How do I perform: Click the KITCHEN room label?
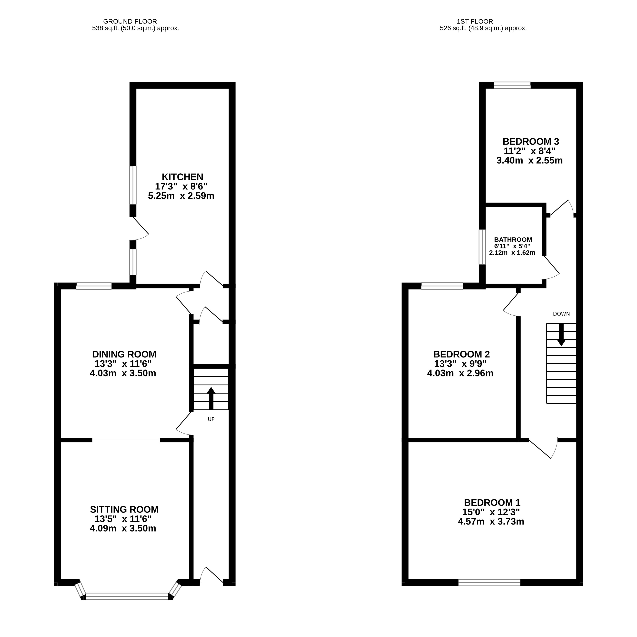(182, 177)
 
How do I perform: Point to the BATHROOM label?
(513, 240)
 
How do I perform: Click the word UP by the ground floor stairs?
(211, 419)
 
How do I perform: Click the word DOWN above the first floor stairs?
(561, 314)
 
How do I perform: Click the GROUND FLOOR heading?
(130, 21)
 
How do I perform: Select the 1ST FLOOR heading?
(475, 21)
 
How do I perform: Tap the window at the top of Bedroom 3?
(512, 85)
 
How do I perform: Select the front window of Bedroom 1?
(489, 583)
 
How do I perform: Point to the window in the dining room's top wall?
(94, 286)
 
